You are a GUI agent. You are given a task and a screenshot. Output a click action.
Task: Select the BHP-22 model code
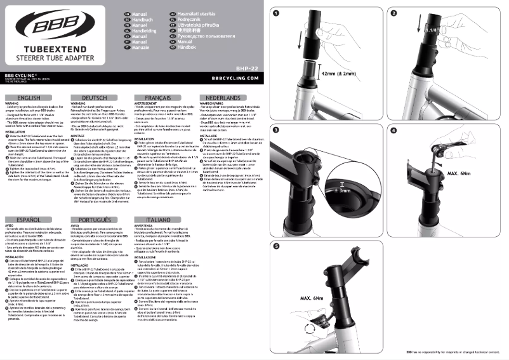tap(246, 66)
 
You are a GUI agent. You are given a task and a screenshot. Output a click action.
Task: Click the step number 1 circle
tap(277, 12)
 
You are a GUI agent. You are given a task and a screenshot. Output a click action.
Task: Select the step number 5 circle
tap(277, 246)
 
